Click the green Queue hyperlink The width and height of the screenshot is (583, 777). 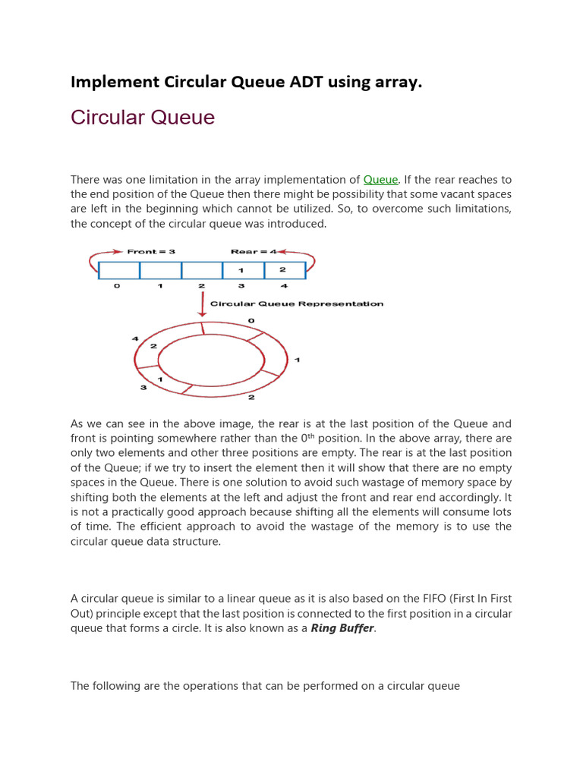[x=380, y=180]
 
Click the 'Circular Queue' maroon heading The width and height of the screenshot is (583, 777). [x=143, y=118]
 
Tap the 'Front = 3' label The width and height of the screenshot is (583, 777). [x=151, y=252]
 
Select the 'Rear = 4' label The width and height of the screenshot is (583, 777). [x=252, y=252]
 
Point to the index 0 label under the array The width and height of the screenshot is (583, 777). [x=116, y=286]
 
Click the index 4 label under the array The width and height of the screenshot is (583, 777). [x=285, y=286]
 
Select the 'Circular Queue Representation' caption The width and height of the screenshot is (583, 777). [x=297, y=304]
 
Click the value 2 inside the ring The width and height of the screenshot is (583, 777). [x=153, y=346]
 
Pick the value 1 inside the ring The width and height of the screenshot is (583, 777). [x=159, y=379]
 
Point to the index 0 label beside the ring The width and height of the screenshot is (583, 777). [x=251, y=321]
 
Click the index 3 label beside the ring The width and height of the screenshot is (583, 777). [x=142, y=388]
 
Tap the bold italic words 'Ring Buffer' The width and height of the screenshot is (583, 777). [x=343, y=629]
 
